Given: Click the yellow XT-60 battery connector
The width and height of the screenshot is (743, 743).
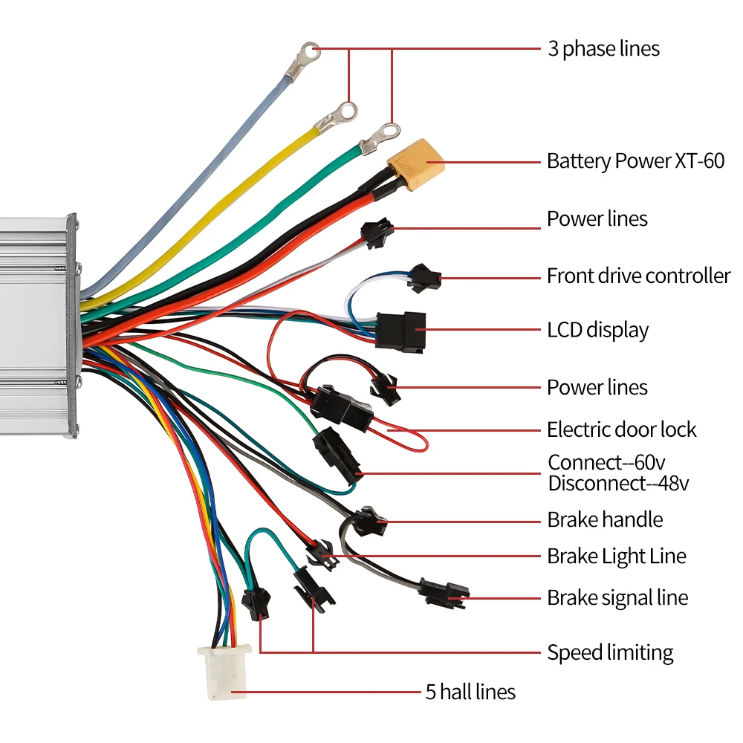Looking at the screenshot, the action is pos(416,164).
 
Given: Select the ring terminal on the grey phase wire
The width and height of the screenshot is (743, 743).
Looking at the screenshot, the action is pos(303,59).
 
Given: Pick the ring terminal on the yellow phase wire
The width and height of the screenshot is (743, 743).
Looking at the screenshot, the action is pos(336,117).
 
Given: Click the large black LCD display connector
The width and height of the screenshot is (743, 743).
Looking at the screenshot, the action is pos(400,331).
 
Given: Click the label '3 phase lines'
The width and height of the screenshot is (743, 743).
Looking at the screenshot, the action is pos(603,49).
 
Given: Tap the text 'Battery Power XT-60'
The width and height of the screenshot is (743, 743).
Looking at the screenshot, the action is pos(635,161).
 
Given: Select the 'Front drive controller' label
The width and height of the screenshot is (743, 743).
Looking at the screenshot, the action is pos(639,276).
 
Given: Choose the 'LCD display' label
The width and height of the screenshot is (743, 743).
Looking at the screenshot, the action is pos(597,331).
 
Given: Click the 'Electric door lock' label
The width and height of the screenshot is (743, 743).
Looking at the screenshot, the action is pos(622,429).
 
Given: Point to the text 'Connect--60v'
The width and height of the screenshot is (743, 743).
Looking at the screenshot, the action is pos(606,462).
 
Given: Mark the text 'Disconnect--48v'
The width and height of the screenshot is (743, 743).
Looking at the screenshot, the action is pos(618,484).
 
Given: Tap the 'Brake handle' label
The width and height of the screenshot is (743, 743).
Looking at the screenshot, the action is pos(605,520).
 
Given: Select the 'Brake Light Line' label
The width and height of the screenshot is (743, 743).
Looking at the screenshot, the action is pos(617,557).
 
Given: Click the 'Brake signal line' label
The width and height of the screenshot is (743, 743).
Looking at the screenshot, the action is pos(617,598).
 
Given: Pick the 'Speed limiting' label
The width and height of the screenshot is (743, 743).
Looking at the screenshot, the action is pos(610,653).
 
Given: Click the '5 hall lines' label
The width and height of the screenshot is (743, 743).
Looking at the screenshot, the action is pos(470,692).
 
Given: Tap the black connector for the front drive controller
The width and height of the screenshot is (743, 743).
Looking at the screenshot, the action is pos(424,278).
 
